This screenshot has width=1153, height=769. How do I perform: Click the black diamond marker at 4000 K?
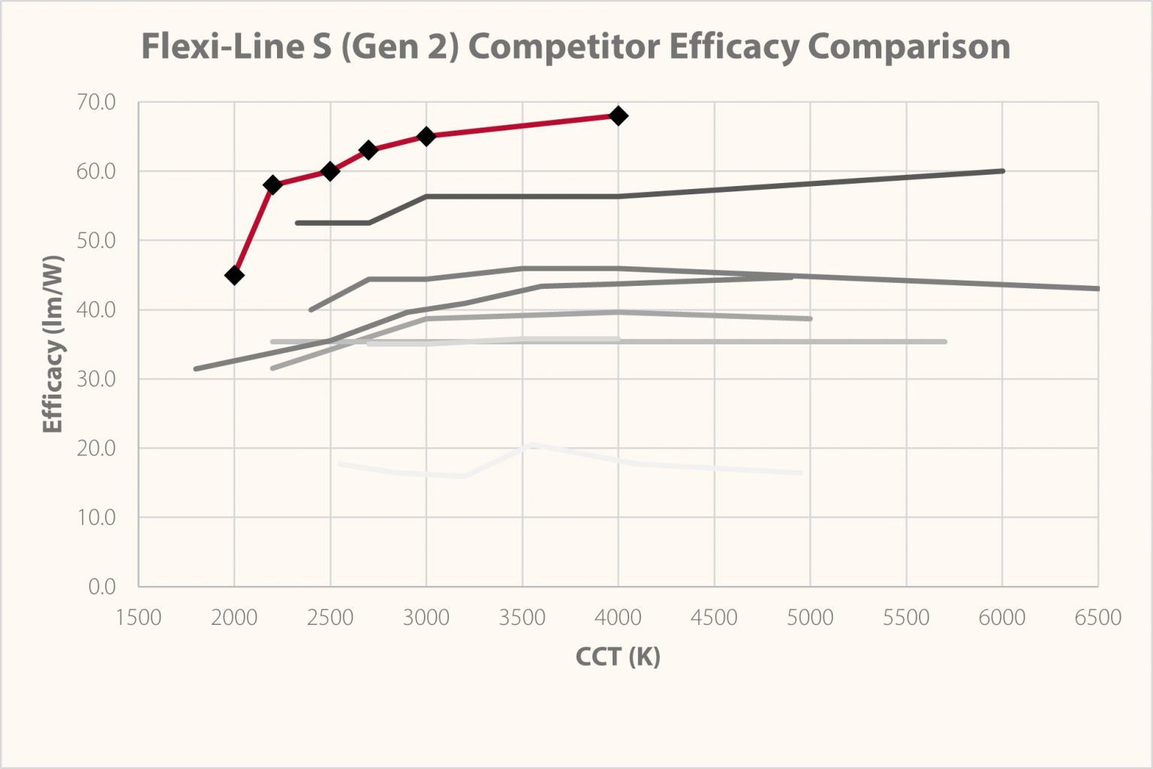[x=618, y=116]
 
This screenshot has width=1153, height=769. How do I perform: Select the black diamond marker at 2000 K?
[x=234, y=275]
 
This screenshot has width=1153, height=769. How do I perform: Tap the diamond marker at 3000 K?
[x=426, y=137]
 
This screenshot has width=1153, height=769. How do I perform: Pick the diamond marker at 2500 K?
[x=330, y=171]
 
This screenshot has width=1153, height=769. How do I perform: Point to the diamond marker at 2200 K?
[x=272, y=185]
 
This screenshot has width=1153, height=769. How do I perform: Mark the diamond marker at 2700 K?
[x=368, y=150]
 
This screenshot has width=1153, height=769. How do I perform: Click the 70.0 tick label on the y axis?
[x=96, y=102]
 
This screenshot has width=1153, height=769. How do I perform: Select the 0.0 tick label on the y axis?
[x=101, y=587]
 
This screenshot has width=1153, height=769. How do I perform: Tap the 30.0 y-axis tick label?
[x=96, y=379]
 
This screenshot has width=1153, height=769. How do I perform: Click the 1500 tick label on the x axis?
[x=138, y=617]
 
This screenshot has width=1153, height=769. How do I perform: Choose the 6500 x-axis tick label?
[x=1097, y=617]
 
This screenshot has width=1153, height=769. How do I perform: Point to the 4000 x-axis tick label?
[x=618, y=617]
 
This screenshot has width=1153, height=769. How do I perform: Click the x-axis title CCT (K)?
[x=618, y=656]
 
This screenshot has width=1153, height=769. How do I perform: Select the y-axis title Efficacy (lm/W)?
[x=53, y=344]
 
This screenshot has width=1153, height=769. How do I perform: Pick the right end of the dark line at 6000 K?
[x=1002, y=171]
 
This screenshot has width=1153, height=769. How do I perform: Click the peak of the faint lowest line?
[x=531, y=445]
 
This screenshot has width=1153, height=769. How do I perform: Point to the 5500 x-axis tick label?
[x=906, y=617]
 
